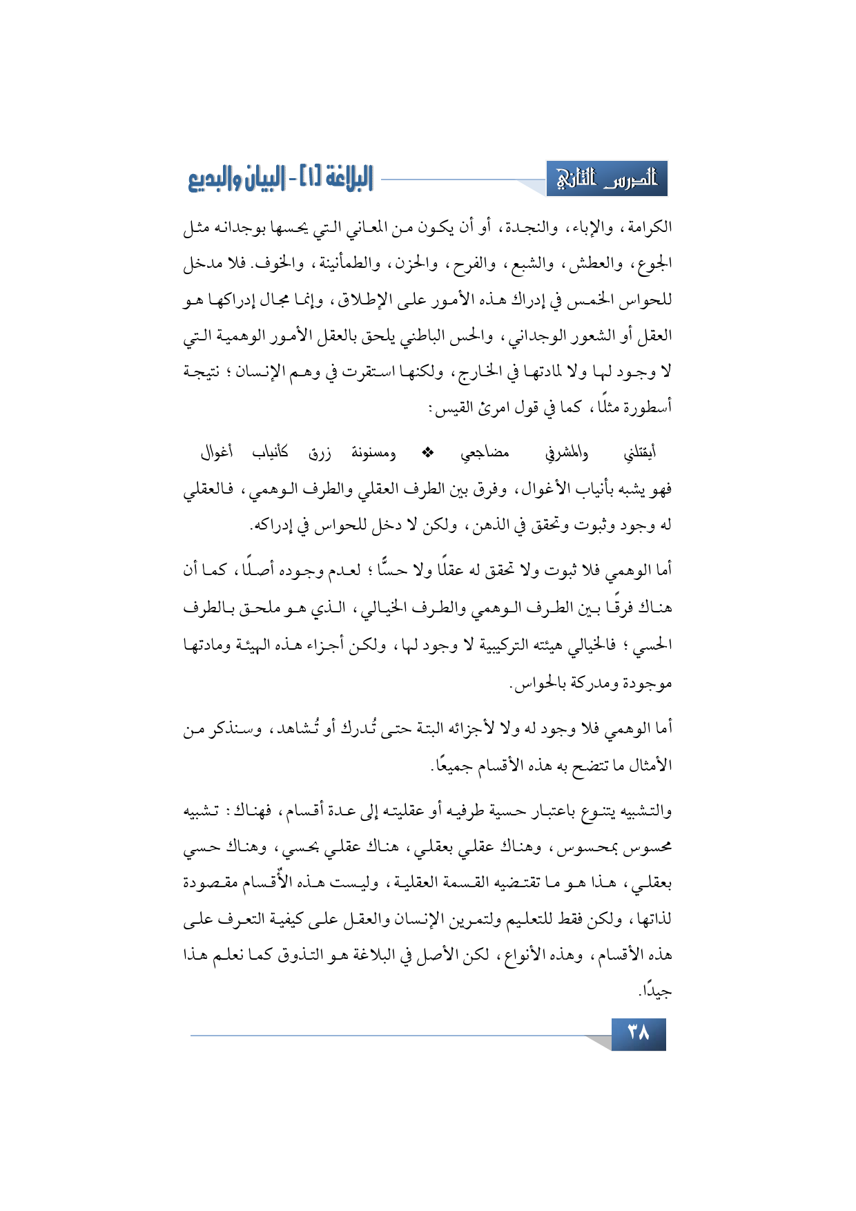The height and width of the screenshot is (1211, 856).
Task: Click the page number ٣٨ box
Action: [x=639, y=1034]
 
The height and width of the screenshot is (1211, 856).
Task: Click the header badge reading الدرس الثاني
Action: [x=607, y=180]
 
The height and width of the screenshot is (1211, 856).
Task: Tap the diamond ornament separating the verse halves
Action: [x=427, y=453]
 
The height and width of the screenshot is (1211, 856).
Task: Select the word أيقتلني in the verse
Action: [x=639, y=453]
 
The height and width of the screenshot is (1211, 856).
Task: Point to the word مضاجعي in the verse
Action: [x=485, y=453]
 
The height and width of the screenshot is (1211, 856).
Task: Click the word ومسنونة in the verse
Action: [x=373, y=453]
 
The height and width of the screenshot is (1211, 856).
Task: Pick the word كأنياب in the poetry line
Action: [x=270, y=453]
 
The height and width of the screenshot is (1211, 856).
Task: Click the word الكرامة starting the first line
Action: [x=648, y=226]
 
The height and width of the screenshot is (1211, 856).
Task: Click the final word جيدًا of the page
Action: [x=654, y=991]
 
